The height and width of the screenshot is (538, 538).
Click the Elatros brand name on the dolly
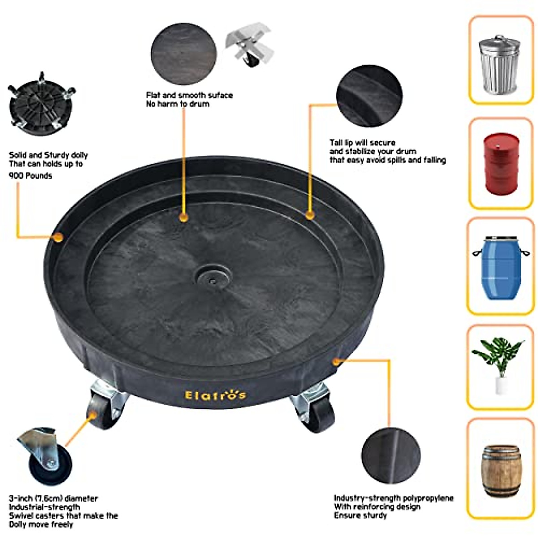click(215, 395)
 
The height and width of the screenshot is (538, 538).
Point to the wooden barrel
click(500, 471)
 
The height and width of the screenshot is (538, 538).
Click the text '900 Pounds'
click(30, 176)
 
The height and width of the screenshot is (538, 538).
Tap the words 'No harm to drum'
click(178, 104)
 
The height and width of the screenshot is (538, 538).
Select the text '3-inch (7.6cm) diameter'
click(53, 499)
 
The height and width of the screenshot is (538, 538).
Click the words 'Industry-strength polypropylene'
click(393, 498)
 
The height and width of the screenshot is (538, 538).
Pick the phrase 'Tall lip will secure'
click(362, 143)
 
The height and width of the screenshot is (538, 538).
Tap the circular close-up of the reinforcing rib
click(391, 455)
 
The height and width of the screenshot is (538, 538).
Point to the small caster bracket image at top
click(248, 47)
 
